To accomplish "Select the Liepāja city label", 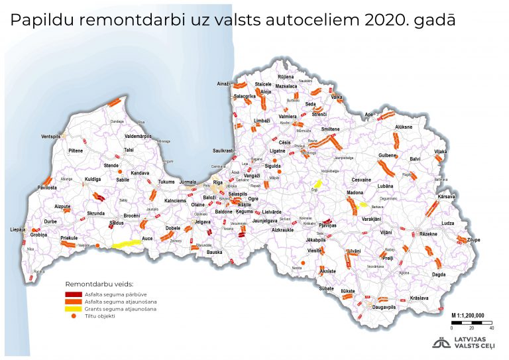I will point(17,229).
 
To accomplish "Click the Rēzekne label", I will point(428,234).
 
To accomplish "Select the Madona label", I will point(355,193).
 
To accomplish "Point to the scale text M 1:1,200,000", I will point(467,315).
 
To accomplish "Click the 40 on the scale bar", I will point(491,328).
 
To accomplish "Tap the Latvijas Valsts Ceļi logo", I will point(465,343).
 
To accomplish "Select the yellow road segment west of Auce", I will point(127,244).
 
